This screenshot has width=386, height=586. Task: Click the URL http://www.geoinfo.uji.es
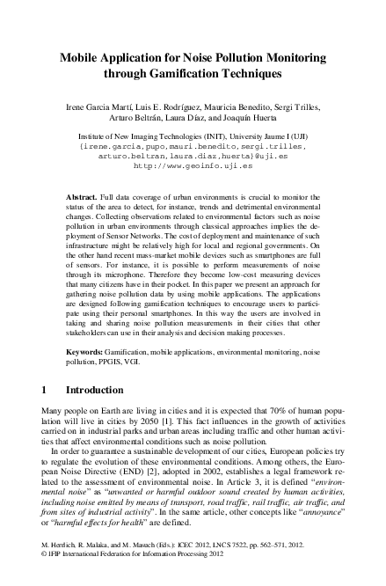pyautogui.click(x=193, y=164)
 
